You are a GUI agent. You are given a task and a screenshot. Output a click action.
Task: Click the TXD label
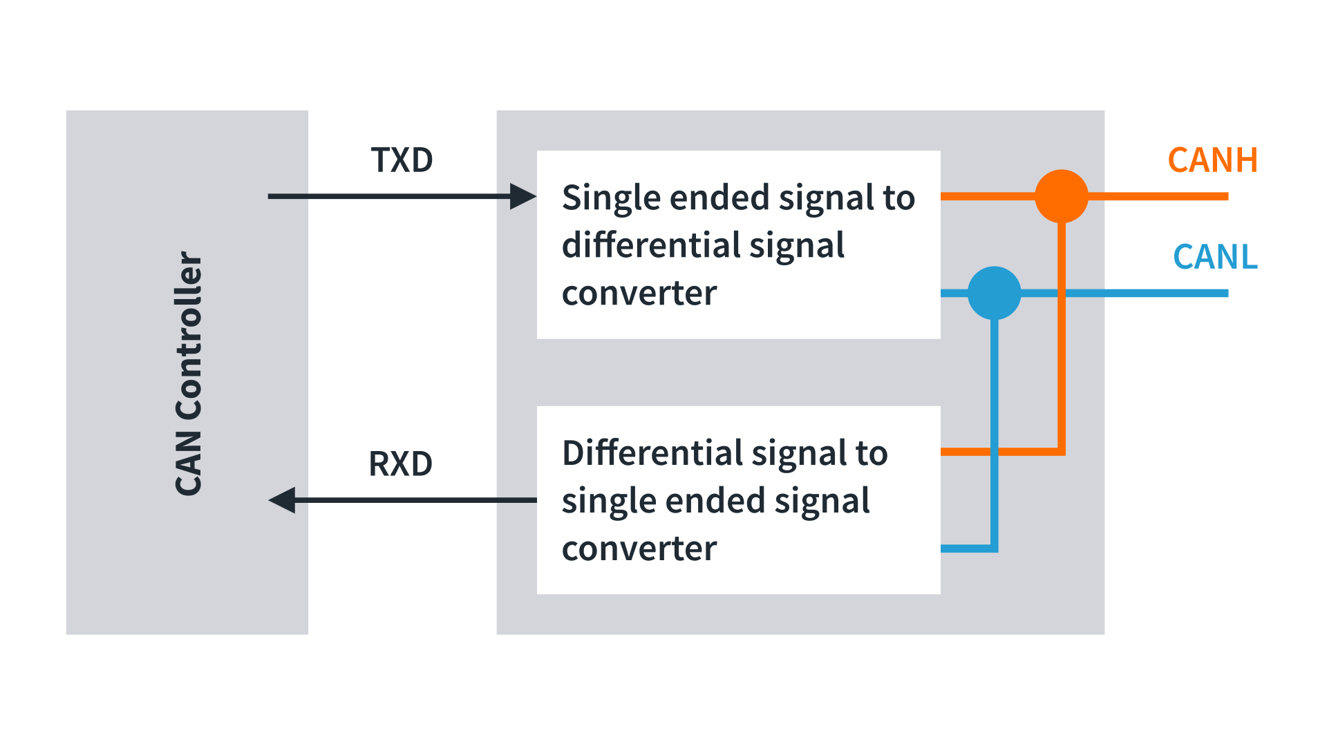click(402, 160)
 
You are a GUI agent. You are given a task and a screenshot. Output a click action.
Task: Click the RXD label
click(401, 464)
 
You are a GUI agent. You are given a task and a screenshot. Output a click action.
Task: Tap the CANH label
click(1213, 160)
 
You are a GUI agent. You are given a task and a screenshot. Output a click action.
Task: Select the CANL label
click(1215, 257)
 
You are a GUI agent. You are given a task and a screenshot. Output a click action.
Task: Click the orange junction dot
click(1062, 196)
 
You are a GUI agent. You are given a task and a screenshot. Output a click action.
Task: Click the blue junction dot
click(995, 293)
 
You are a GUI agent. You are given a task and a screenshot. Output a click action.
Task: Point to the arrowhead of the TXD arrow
click(523, 196)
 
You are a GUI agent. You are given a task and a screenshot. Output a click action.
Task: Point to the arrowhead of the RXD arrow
click(281, 500)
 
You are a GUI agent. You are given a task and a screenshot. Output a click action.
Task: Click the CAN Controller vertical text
click(188, 373)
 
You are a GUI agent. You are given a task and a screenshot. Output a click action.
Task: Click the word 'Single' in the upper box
click(611, 199)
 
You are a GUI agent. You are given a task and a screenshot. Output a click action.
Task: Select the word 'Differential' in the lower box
click(652, 453)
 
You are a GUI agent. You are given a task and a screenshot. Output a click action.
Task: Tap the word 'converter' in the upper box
click(639, 294)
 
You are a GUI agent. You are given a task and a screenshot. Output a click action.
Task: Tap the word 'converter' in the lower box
click(639, 550)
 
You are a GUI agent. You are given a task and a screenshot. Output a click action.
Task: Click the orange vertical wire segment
click(1062, 337)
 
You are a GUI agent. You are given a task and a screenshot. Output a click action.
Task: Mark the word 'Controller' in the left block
click(188, 335)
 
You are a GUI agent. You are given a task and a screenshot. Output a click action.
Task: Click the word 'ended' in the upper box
click(719, 198)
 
